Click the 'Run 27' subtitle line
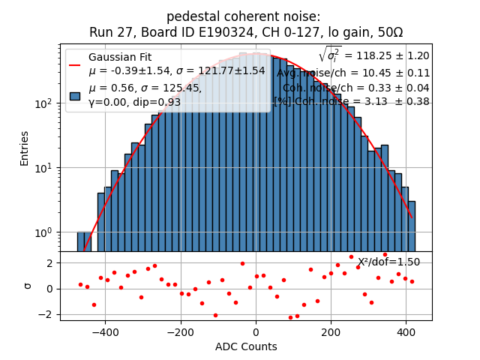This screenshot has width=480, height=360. click(246, 32)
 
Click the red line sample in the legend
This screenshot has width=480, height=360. click(75, 64)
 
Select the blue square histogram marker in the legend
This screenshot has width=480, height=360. click(75, 95)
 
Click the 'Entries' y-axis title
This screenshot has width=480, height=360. click(25, 148)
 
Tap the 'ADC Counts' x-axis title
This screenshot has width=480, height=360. click(246, 346)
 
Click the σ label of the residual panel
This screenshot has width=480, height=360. click(28, 286)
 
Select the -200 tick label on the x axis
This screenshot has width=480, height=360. click(180, 331)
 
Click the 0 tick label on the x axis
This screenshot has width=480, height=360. click(256, 331)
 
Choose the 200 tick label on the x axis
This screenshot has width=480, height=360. click(331, 331)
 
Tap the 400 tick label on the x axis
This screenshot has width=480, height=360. click(406, 331)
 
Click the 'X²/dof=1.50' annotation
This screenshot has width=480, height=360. click(388, 262)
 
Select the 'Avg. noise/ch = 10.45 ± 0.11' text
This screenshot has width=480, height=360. click(353, 73)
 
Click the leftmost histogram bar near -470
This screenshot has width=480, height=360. click(80, 241)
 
